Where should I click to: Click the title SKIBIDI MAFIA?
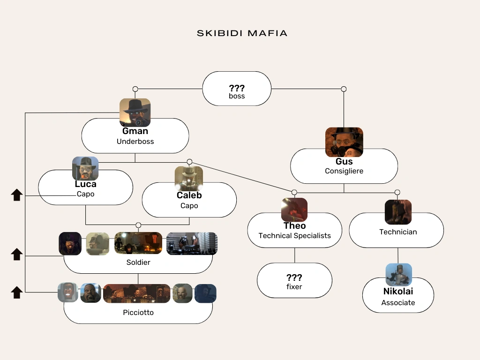pos(242,33)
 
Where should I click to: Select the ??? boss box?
pos(237,89)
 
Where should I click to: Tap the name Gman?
pos(135,131)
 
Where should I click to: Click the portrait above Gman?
pos(135,112)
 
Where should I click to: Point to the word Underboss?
pos(135,142)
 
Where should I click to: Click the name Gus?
pos(344,162)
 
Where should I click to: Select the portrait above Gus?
pos(344,142)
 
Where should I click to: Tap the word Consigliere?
pos(344,172)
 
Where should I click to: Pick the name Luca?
pos(85,184)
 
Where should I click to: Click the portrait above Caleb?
pos(189,178)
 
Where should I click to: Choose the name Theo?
pos(294,226)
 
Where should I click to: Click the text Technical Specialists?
pos(294,236)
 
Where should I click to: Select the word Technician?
pos(398,232)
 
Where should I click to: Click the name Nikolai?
pos(398,292)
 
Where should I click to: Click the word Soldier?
pos(138,262)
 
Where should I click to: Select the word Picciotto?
pos(138,313)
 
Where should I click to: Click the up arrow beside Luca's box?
pos(17,195)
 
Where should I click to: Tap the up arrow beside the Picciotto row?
pos(17,293)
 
